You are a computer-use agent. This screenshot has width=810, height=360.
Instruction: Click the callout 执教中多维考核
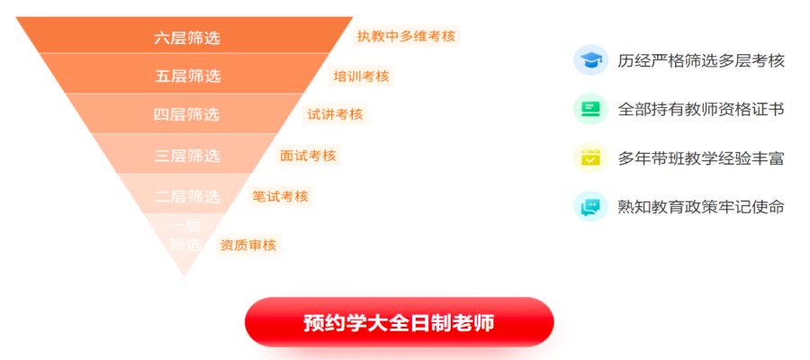407,36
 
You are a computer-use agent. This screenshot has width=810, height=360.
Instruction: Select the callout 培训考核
361,76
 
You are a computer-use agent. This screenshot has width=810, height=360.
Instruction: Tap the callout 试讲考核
336,114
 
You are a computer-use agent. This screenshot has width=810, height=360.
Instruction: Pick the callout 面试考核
308,156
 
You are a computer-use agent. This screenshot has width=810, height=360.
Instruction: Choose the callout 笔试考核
280,196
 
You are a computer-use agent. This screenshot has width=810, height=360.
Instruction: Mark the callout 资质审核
248,245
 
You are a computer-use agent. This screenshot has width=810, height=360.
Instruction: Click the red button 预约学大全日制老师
400,322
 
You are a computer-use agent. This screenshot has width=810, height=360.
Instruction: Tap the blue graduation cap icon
590,60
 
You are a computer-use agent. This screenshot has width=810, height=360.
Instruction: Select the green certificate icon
590,109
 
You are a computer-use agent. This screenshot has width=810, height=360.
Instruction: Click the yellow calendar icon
590,157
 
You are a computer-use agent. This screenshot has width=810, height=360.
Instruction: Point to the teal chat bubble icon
590,206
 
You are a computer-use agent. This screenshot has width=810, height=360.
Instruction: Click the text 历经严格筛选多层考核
701,61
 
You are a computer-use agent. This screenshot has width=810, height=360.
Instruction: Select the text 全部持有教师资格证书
701,110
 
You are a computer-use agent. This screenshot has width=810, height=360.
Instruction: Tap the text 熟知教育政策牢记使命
701,207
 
